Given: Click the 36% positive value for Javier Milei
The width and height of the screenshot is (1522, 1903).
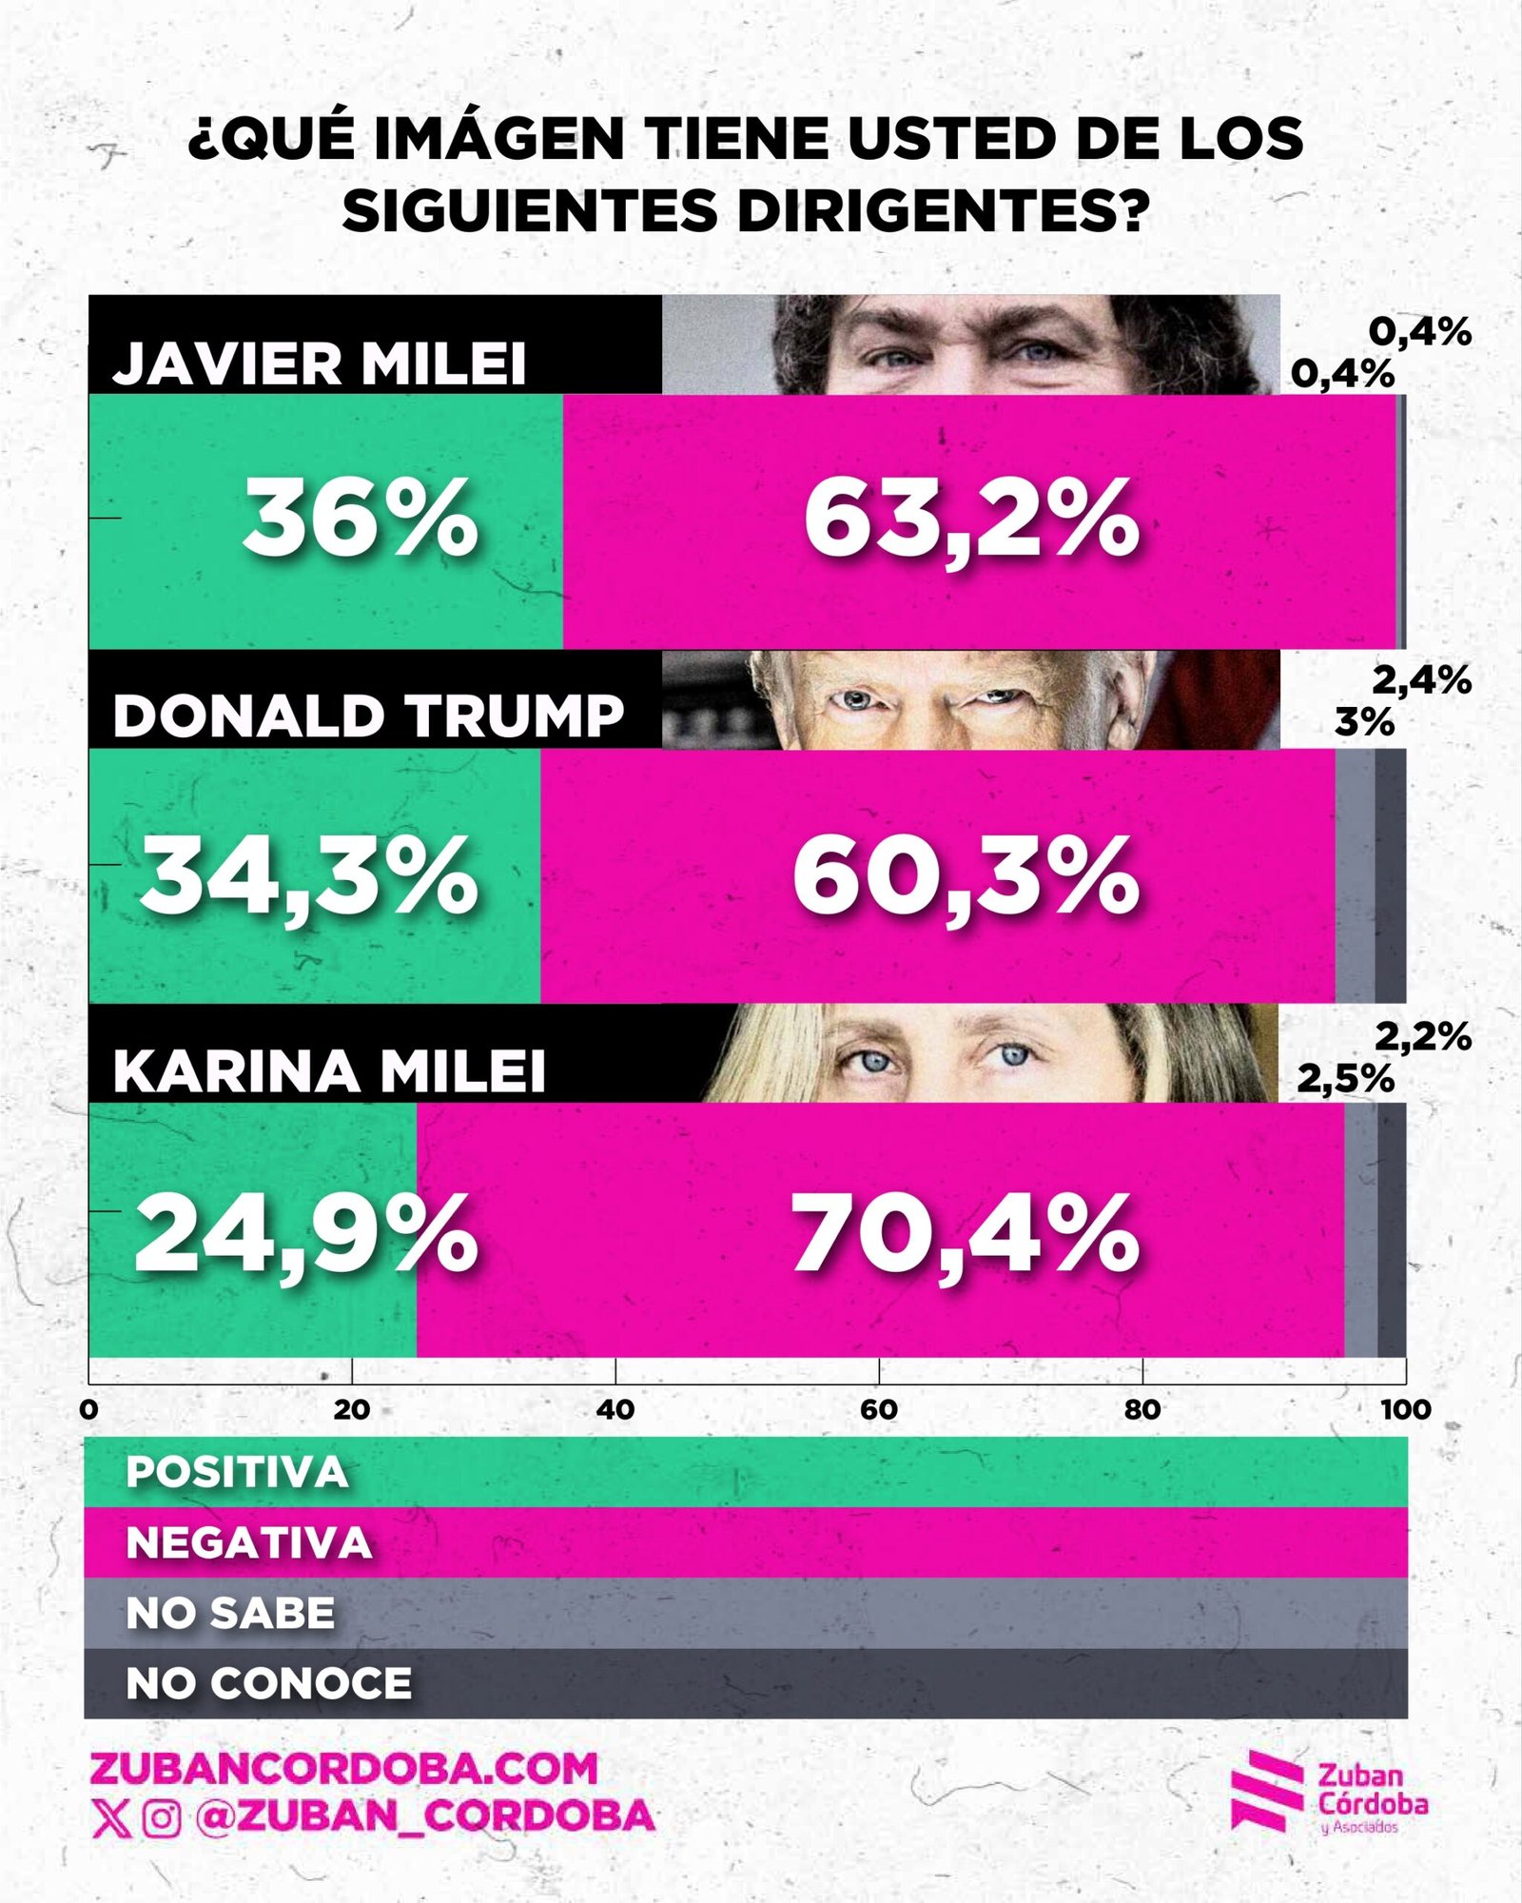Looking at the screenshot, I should (361, 520).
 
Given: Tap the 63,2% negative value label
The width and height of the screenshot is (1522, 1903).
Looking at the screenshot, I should (971, 520).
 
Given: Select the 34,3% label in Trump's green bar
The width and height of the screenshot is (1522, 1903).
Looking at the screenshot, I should (309, 875).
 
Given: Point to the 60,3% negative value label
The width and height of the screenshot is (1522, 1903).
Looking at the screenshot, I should (966, 875).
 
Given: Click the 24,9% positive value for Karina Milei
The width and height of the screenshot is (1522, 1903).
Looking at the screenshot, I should (306, 1233).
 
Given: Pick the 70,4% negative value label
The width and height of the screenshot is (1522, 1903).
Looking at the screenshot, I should (966, 1233).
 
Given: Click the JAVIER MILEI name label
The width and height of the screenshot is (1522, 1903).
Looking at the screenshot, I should (320, 363).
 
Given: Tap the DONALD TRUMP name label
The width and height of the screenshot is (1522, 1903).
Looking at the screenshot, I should (369, 716).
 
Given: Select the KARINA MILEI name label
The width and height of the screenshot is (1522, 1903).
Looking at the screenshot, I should (329, 1071).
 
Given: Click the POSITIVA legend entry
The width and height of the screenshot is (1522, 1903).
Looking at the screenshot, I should (238, 1472).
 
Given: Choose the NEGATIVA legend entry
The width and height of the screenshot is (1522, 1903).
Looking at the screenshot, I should (249, 1542).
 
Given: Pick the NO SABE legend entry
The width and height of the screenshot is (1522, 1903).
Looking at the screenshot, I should (231, 1613).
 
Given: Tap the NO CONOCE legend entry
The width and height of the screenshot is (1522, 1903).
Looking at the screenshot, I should (269, 1683).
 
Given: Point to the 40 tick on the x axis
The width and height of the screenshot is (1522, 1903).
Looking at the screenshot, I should (615, 1409).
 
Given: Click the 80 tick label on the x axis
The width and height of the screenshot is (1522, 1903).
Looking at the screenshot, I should (1142, 1409).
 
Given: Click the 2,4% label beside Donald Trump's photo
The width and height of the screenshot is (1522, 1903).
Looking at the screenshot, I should (1421, 680).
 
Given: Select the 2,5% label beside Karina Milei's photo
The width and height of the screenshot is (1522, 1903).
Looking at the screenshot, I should (1345, 1079).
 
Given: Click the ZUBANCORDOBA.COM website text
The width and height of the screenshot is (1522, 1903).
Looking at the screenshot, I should (344, 1769).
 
